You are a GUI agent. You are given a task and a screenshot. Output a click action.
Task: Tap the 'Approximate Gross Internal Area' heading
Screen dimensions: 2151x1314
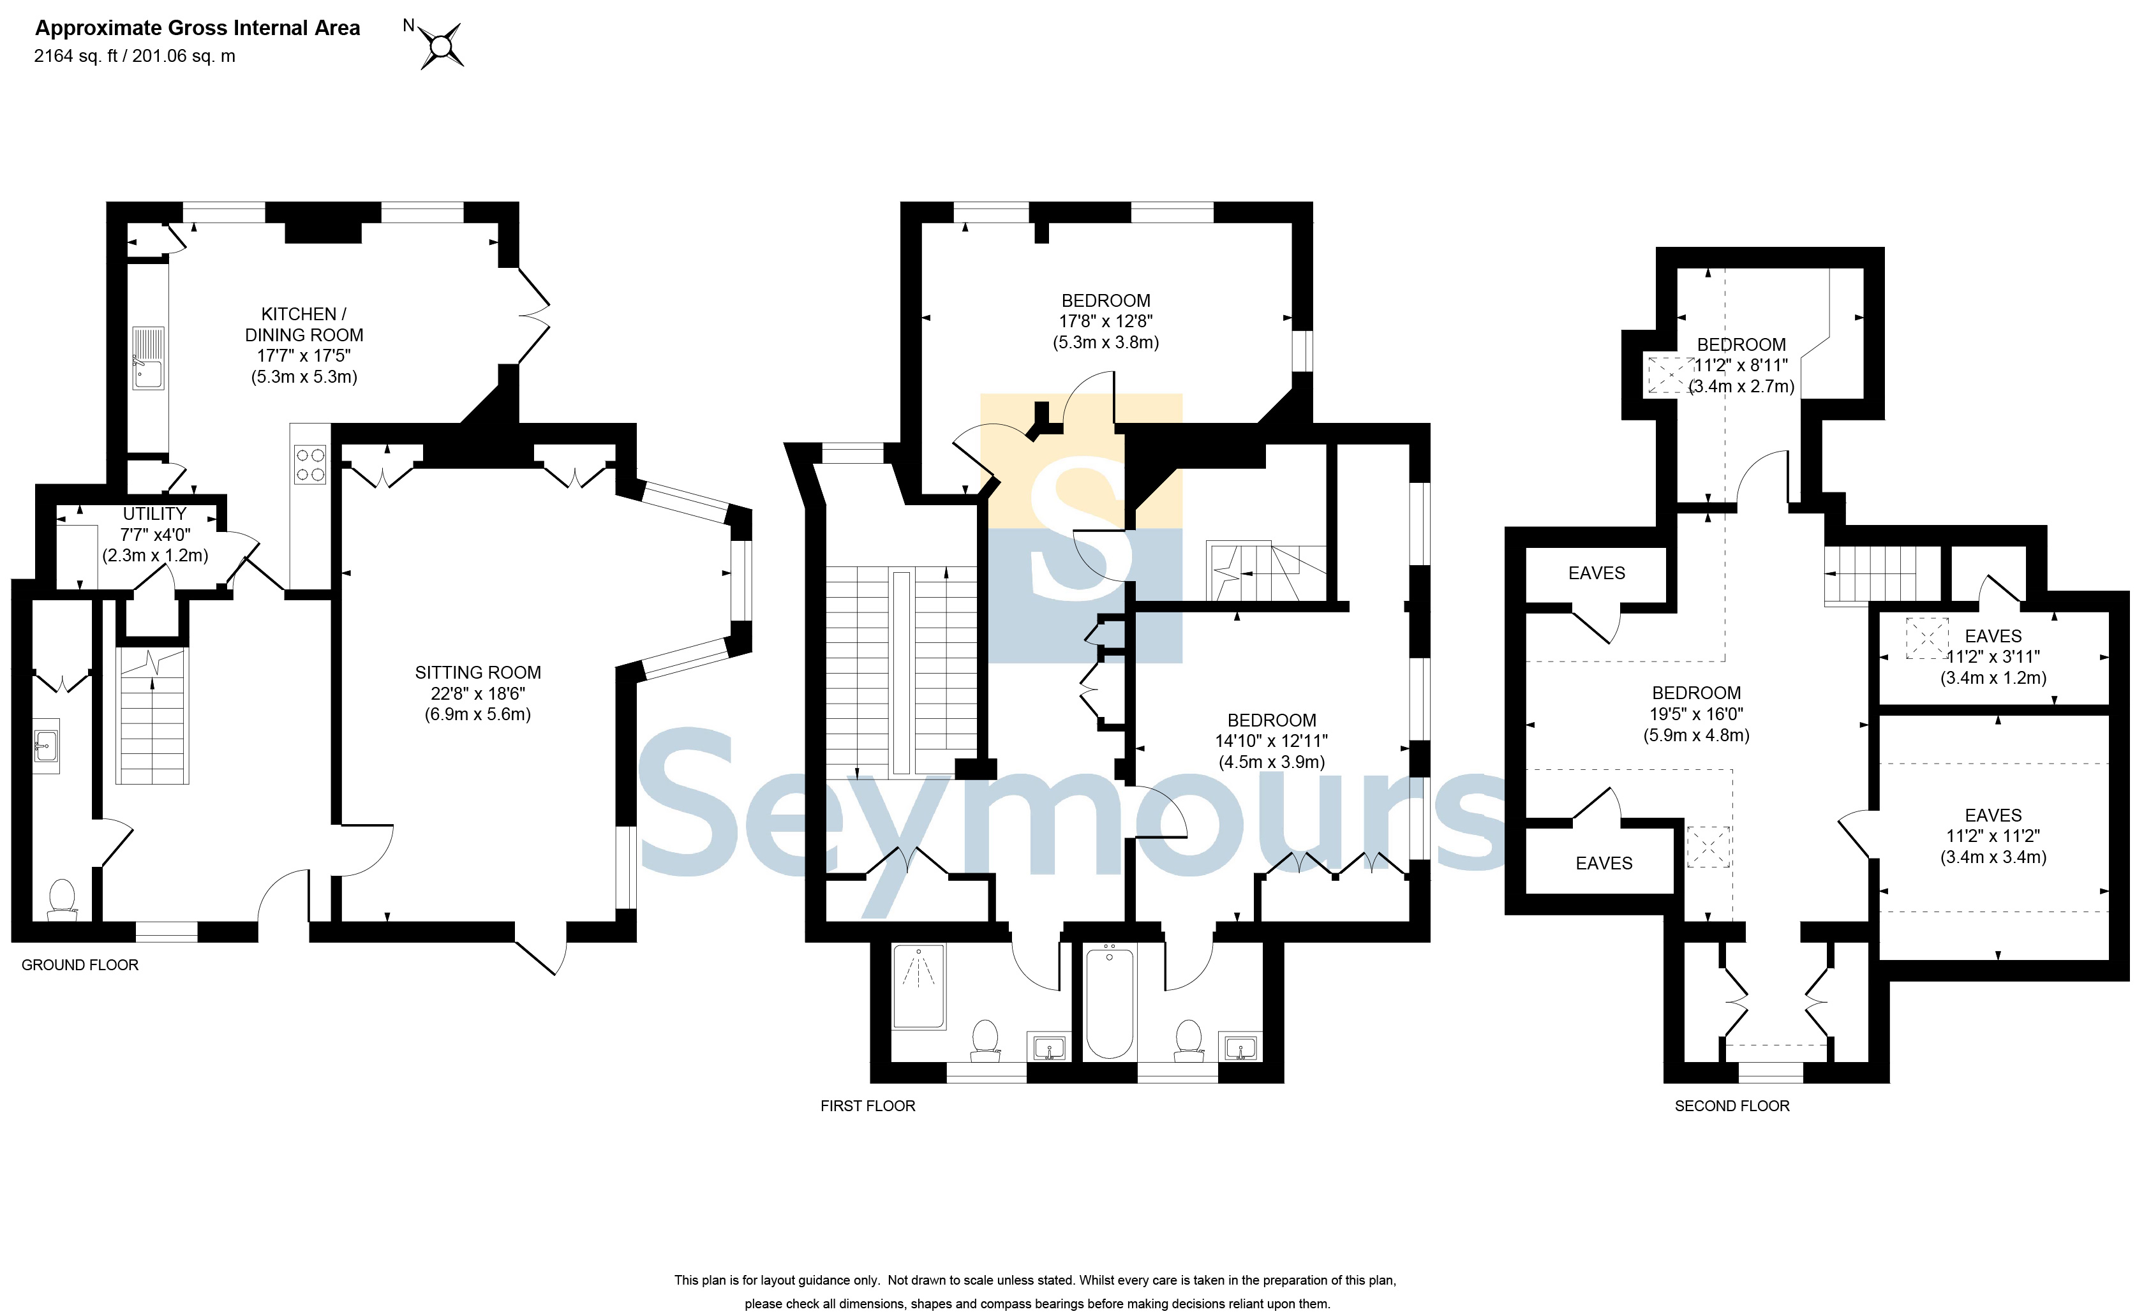pos(197,28)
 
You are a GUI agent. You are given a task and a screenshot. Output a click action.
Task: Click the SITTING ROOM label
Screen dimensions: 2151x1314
pos(477,673)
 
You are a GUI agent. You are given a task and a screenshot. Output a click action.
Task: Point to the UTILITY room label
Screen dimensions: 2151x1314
pos(154,514)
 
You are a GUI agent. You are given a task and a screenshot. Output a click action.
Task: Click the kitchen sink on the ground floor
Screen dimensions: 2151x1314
pos(149,358)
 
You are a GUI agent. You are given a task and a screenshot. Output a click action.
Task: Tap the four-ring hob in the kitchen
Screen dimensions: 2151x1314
pos(310,464)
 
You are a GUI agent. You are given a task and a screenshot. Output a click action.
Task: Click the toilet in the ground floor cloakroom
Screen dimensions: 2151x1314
pos(62,899)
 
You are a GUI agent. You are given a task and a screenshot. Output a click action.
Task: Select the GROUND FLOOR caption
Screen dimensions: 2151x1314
pos(80,965)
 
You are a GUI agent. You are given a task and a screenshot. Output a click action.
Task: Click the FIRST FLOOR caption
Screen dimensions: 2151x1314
pos(868,1105)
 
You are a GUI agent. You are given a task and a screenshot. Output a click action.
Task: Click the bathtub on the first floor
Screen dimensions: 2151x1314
pos(1110,1003)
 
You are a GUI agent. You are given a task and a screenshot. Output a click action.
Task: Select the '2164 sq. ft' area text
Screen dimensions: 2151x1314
pos(75,56)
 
